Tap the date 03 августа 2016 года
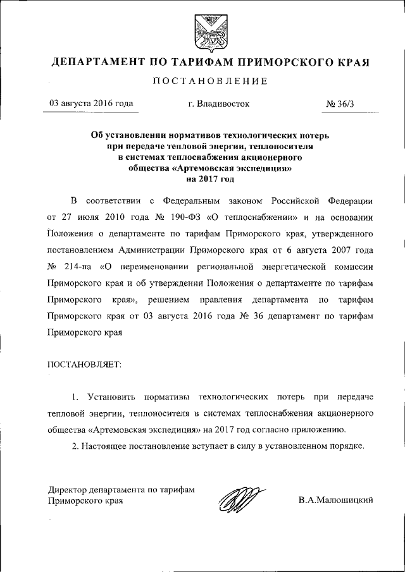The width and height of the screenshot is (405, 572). coord(87,104)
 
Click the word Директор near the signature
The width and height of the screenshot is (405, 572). coord(69,489)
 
